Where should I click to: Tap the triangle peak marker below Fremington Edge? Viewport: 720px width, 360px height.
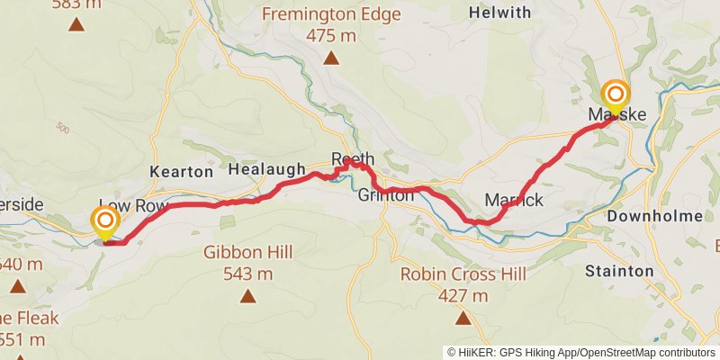(x=332, y=59)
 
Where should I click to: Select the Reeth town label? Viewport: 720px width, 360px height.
(x=353, y=159)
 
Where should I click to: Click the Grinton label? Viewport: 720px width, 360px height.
(x=386, y=195)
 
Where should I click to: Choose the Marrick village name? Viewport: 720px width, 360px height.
(x=514, y=200)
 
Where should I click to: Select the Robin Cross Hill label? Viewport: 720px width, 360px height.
(x=463, y=274)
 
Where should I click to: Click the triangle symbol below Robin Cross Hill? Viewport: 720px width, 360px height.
(x=463, y=318)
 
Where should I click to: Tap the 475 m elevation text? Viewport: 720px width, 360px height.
(x=332, y=36)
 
